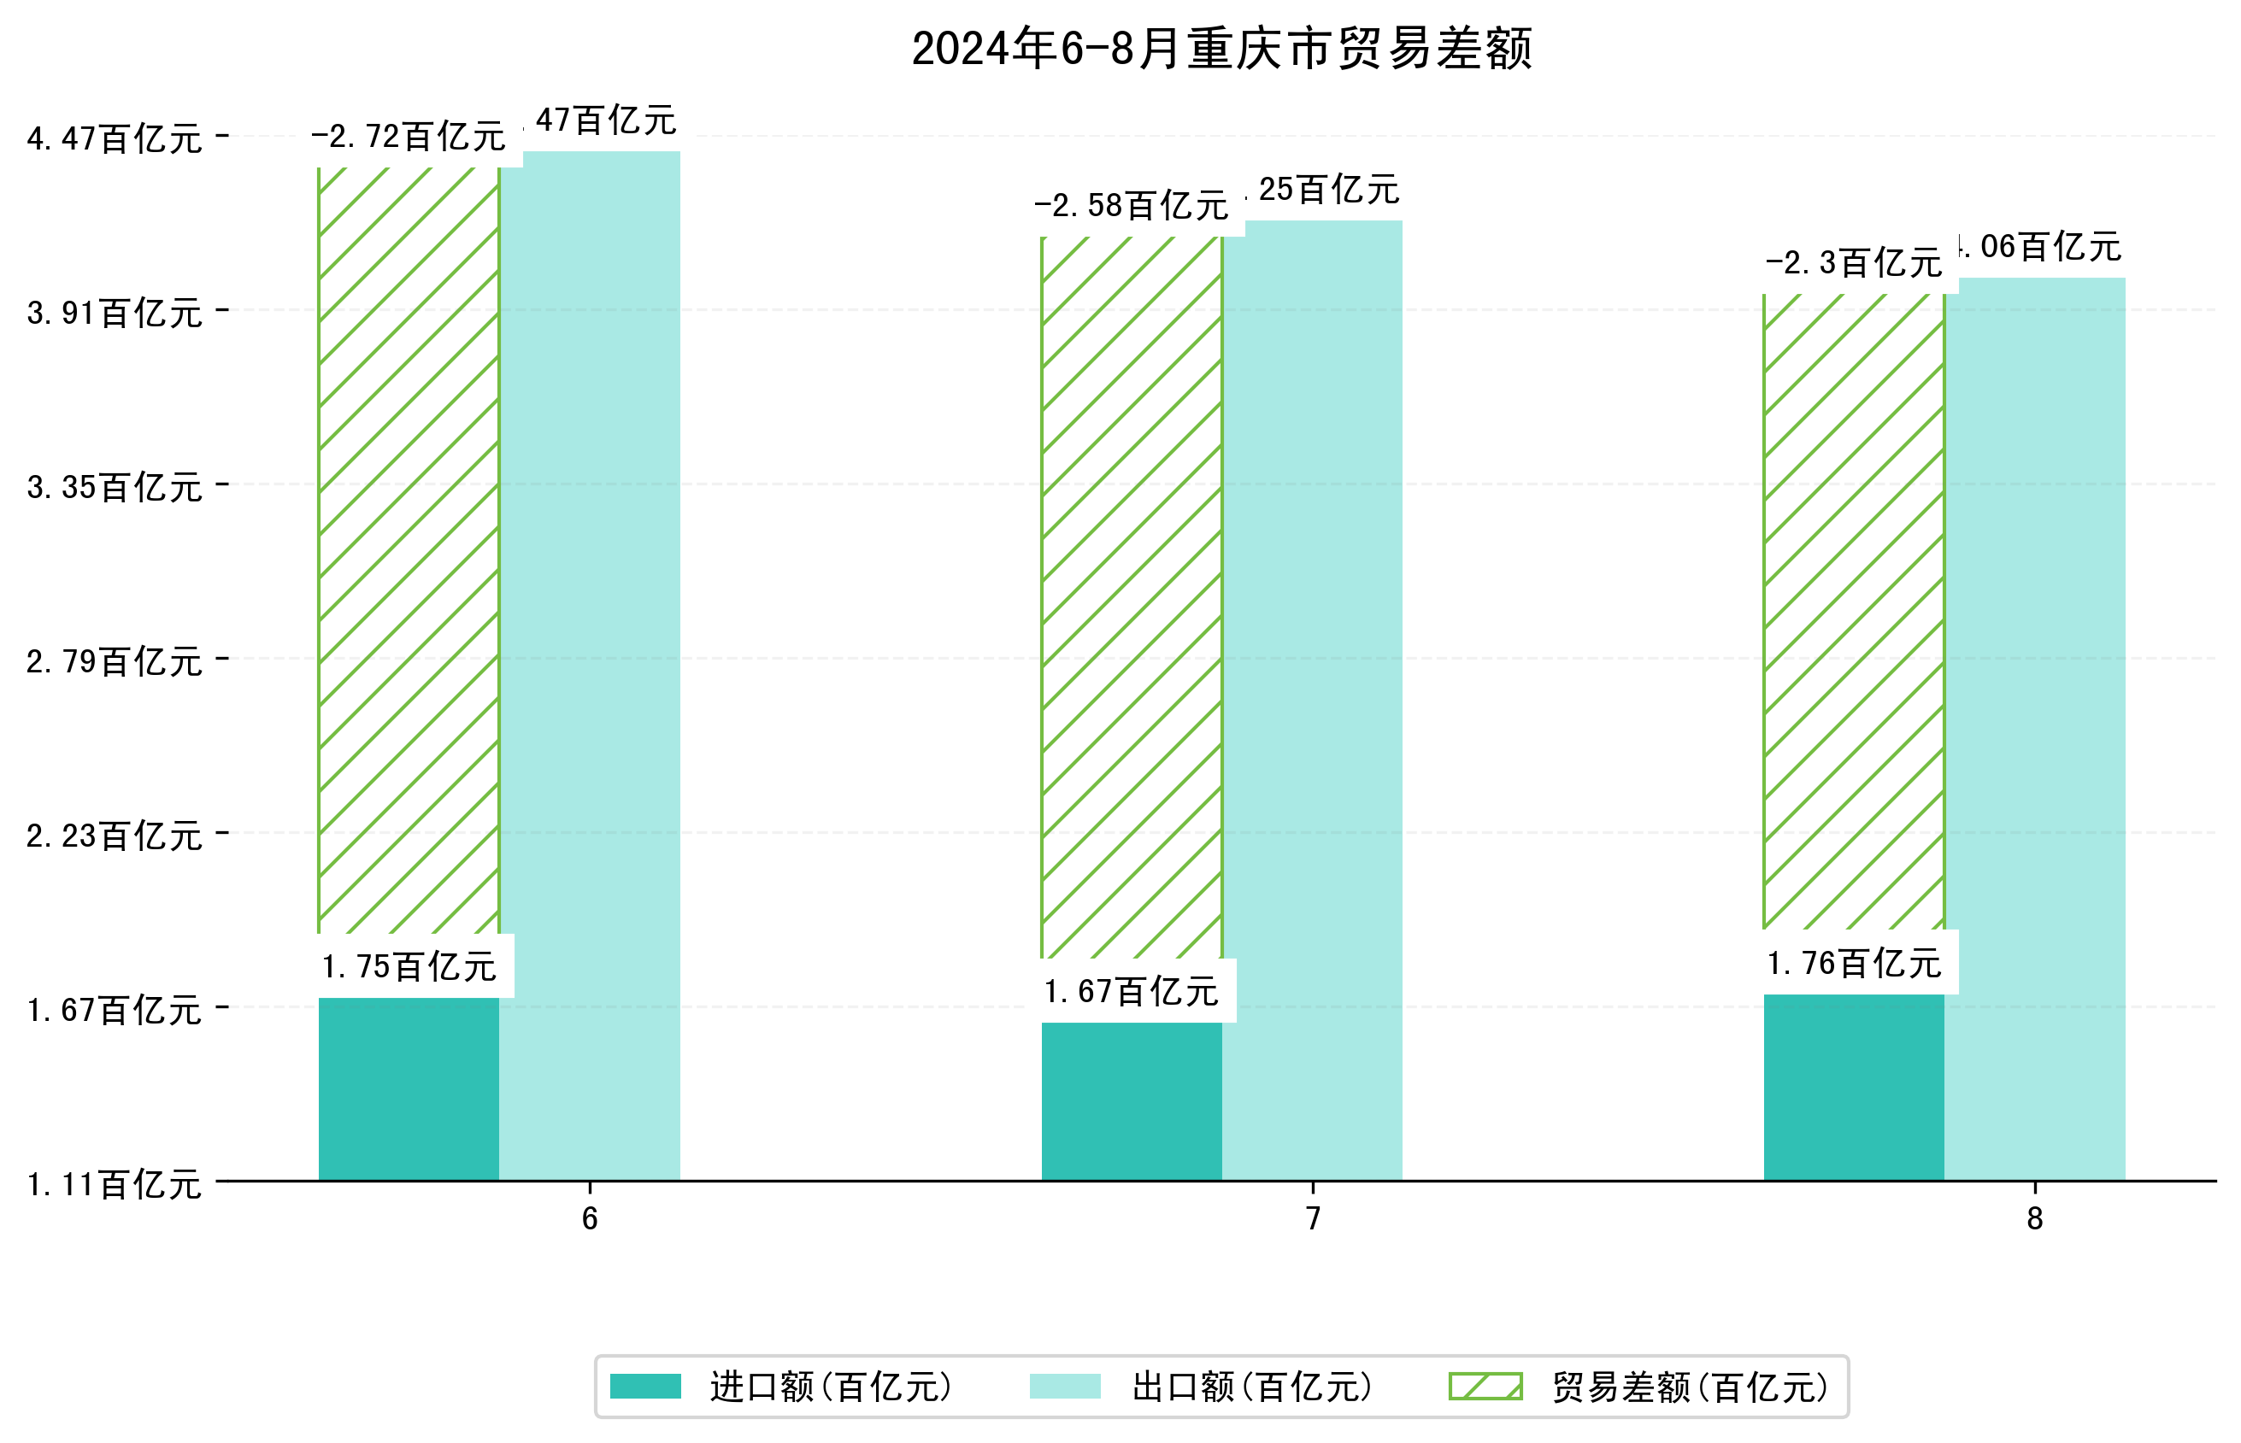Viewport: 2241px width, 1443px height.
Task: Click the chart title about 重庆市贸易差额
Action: pyautogui.click(x=1220, y=49)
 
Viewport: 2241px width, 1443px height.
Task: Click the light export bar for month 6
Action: pyautogui.click(x=590, y=666)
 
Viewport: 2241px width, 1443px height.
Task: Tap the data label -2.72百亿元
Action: pyautogui.click(x=409, y=138)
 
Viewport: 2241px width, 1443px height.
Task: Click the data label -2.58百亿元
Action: pyautogui.click(x=1132, y=206)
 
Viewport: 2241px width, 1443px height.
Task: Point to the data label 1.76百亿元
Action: pyautogui.click(x=1853, y=963)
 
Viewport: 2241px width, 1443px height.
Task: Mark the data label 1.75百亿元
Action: pyautogui.click(x=409, y=967)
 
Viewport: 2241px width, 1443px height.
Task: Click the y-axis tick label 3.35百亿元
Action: pyautogui.click(x=115, y=487)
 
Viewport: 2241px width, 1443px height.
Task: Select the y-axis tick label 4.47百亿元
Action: pyautogui.click(x=115, y=138)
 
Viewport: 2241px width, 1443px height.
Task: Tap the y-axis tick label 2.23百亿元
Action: pyautogui.click(x=115, y=836)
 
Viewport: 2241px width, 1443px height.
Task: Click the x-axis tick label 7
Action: pyautogui.click(x=1312, y=1218)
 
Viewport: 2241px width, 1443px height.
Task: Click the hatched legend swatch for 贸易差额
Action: pyautogui.click(x=1485, y=1386)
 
